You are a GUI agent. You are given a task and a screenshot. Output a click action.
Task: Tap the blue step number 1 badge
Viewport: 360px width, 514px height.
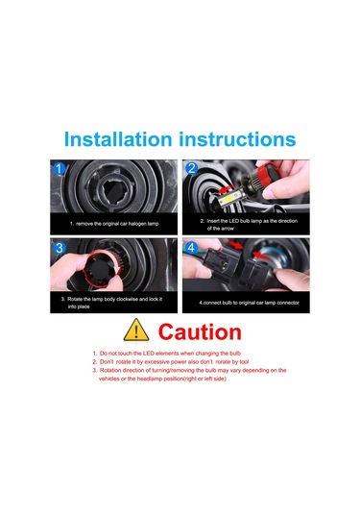[60, 169]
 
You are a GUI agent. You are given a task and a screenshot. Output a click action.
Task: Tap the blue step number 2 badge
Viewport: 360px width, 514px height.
[192, 169]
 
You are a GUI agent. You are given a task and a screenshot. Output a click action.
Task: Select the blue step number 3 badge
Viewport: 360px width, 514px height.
[60, 248]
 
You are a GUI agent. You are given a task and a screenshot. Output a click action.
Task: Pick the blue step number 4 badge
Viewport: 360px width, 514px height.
[192, 248]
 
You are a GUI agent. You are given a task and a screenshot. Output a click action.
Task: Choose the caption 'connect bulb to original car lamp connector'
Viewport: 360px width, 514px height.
[248, 303]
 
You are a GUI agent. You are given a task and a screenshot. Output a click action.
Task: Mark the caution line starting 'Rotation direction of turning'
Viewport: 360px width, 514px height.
[191, 371]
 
